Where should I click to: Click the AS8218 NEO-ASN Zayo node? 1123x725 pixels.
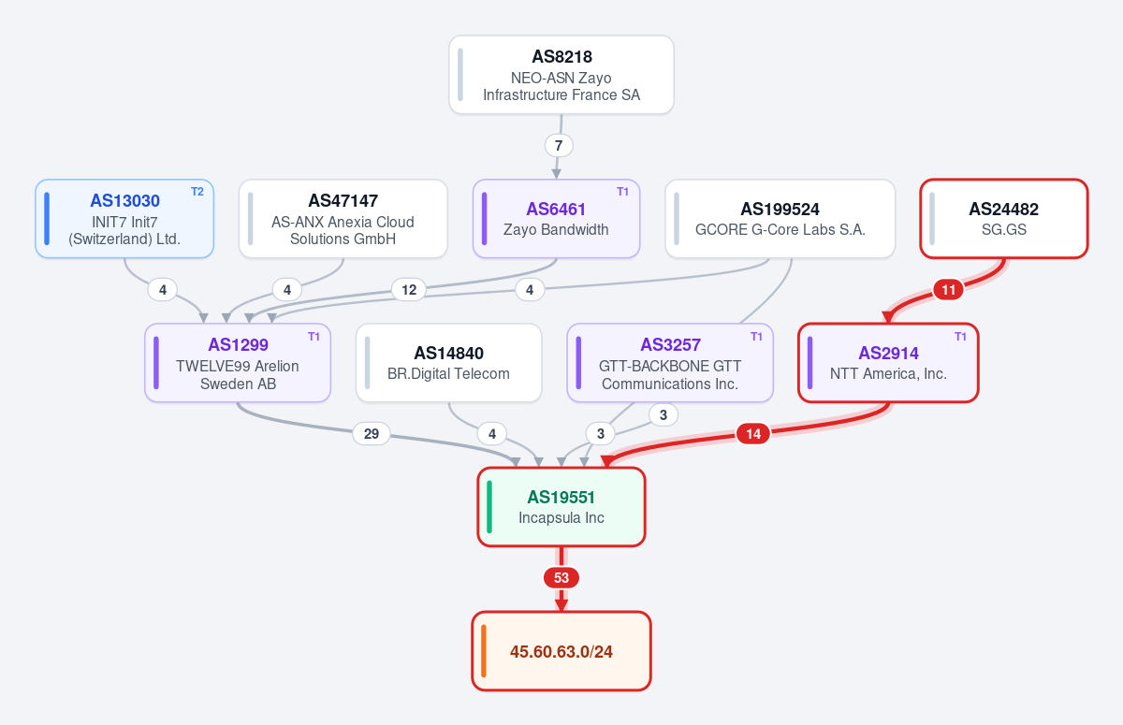point(561,75)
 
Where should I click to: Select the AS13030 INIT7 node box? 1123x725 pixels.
point(124,219)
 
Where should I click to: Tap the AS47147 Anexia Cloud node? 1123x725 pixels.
point(343,219)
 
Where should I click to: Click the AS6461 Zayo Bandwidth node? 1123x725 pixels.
point(556,219)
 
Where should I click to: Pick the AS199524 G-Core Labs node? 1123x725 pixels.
point(780,219)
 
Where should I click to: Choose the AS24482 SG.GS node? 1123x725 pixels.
point(1003,219)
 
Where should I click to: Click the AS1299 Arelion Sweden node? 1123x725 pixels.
point(238,363)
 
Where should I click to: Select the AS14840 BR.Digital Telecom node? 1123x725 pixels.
point(448,363)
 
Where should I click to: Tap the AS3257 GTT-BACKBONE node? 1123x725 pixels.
point(670,363)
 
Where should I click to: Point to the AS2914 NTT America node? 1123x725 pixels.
point(888,363)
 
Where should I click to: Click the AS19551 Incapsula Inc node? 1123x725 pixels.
point(561,507)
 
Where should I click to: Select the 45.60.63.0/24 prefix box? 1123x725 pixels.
point(561,651)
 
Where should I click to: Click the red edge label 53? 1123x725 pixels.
point(561,578)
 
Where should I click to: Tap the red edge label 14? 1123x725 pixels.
point(753,434)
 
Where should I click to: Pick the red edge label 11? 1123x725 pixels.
point(948,290)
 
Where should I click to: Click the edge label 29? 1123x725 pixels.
point(371,434)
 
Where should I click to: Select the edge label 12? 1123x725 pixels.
point(409,290)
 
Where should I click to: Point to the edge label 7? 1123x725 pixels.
point(559,146)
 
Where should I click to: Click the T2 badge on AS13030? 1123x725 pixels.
point(197,192)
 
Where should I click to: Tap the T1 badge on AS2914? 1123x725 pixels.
point(960,337)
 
